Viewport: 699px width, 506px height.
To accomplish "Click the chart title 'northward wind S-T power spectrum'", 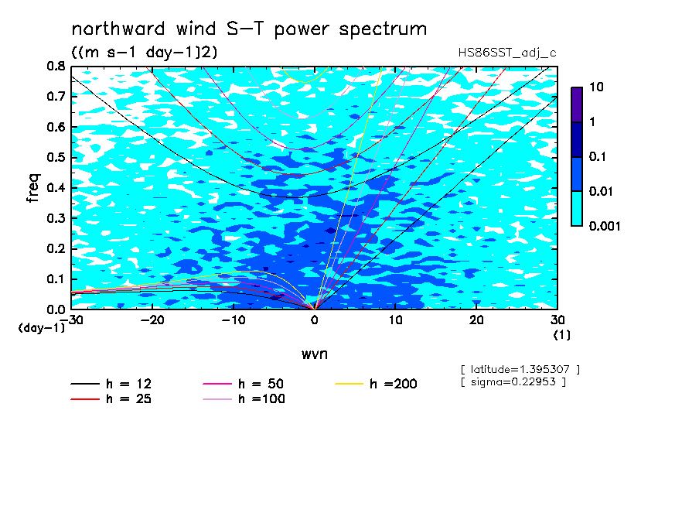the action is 249,29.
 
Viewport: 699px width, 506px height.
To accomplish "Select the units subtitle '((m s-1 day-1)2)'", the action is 145,52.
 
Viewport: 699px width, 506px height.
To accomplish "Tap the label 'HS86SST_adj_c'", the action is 507,53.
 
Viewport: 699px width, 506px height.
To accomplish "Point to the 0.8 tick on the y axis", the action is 56,66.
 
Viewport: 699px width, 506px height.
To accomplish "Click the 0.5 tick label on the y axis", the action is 56,158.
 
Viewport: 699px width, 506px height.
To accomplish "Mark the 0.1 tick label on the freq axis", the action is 56,279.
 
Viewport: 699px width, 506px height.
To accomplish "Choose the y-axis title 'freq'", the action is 33,188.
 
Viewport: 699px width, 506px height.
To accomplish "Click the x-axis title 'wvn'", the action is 315,354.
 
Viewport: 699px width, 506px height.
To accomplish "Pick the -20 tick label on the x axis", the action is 152,320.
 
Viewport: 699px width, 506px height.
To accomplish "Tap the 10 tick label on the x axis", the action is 396,320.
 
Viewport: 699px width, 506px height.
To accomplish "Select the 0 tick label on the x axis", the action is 315,320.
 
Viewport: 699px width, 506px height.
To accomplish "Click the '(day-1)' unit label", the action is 42,328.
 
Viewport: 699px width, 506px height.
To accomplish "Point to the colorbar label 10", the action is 596,87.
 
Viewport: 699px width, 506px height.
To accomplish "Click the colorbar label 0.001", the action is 605,226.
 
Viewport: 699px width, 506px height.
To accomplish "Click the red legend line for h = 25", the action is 85,399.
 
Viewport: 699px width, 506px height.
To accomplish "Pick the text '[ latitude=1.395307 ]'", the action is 520,370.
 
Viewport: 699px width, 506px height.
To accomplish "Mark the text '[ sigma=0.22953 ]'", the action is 513,382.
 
